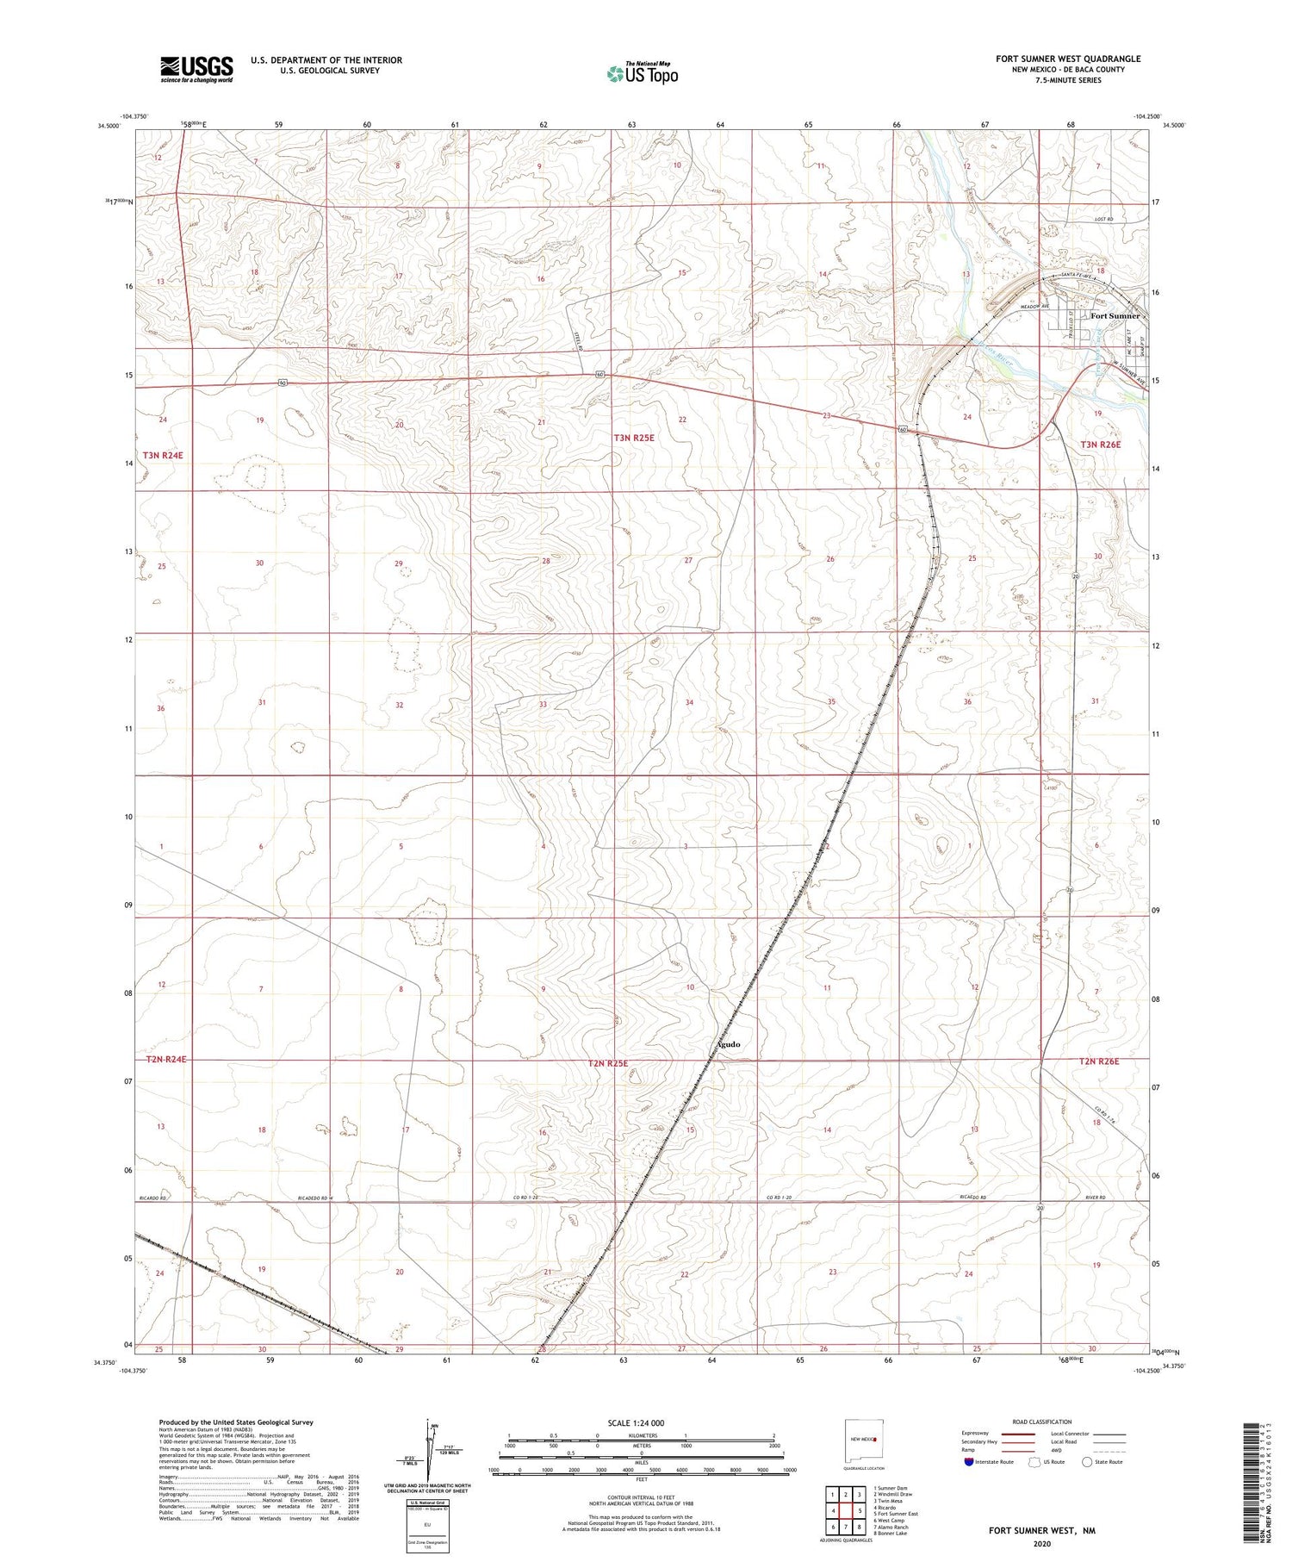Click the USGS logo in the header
[x=196, y=69]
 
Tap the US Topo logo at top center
[x=643, y=74]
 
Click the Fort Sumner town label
[x=1115, y=315]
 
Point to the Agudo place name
[x=728, y=1044]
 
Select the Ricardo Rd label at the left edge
[x=151, y=1198]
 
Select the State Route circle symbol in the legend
[x=1087, y=1462]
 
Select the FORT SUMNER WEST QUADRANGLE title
[x=1068, y=59]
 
